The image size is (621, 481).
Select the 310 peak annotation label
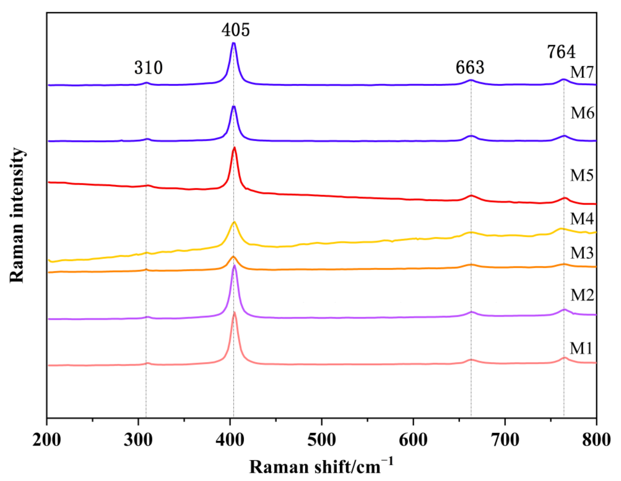pyautogui.click(x=148, y=68)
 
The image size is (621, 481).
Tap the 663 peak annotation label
pyautogui.click(x=470, y=68)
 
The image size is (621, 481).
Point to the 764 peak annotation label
pyautogui.click(x=561, y=52)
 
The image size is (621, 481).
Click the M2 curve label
pyautogui.click(x=582, y=295)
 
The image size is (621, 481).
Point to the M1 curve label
pyautogui.click(x=581, y=348)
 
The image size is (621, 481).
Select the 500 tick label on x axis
pyautogui.click(x=321, y=440)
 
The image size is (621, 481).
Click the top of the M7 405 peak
pyautogui.click(x=234, y=43)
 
